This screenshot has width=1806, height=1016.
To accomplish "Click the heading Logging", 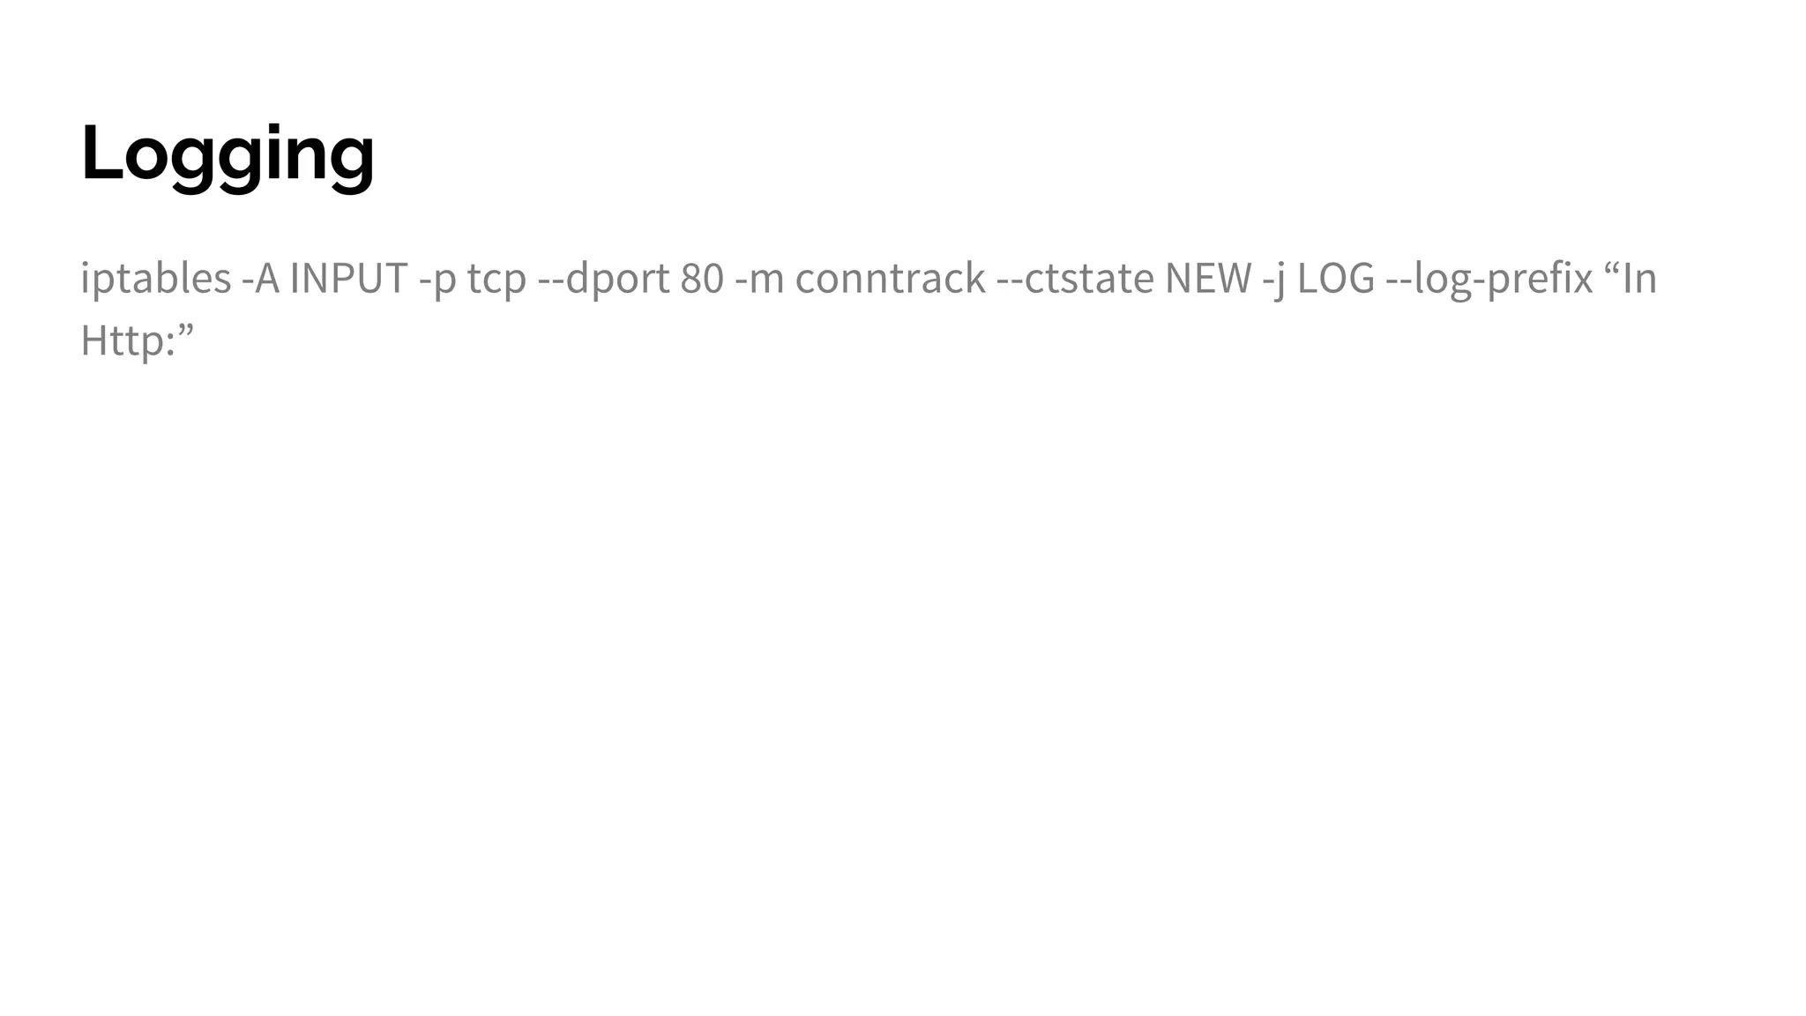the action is [x=228, y=154].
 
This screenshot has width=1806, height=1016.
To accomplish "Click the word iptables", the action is [x=155, y=279].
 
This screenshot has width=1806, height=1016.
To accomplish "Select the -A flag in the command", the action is [x=260, y=279].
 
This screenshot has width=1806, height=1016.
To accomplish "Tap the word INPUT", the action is [x=348, y=279].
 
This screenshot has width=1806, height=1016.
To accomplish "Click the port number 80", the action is [x=702, y=279].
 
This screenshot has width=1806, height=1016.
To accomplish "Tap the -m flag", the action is [x=759, y=279].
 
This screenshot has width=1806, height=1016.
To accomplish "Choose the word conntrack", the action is [x=890, y=279].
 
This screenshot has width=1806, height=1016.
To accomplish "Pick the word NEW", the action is [x=1208, y=279].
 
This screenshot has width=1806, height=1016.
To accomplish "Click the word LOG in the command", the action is [x=1336, y=279].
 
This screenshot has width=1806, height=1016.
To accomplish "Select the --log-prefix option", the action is [x=1489, y=279].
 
